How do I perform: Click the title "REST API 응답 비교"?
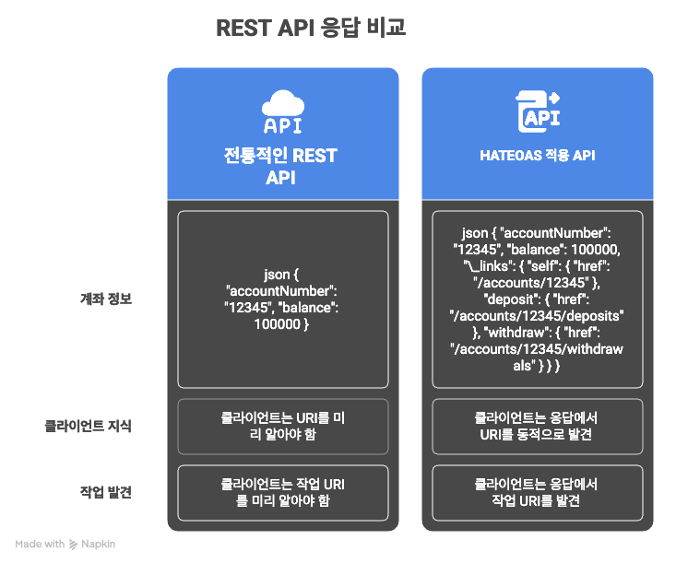pos(310,28)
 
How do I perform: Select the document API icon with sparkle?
pos(537,111)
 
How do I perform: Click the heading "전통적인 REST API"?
pos(281,167)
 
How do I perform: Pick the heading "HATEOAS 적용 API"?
pos(537,156)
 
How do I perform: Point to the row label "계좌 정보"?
pos(106,299)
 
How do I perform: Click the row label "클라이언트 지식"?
pos(89,426)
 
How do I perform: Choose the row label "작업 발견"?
pos(106,492)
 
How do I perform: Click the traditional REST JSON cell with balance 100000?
pos(282,299)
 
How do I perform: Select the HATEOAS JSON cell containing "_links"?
pos(537,299)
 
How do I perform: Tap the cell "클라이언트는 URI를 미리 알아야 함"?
pos(282,426)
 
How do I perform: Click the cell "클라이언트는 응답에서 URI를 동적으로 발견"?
pos(537,426)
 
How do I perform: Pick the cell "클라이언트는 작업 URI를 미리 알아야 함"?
pos(282,492)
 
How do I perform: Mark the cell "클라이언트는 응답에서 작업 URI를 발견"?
pos(537,492)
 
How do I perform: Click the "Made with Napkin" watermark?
pos(65,544)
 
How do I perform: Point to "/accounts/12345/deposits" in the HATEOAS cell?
pos(537,316)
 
